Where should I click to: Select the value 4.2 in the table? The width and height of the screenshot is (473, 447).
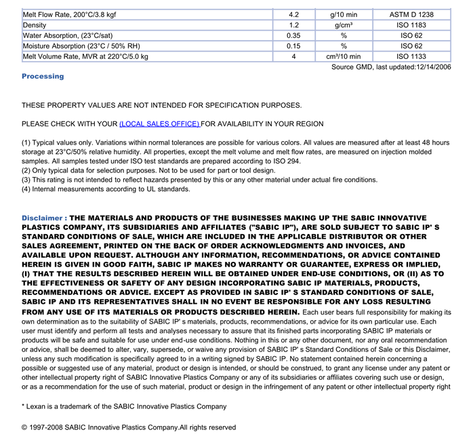293,14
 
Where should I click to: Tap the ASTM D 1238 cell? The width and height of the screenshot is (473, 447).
411,14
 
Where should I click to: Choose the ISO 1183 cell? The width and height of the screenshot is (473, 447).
411,25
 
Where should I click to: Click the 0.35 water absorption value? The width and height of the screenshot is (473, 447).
293,35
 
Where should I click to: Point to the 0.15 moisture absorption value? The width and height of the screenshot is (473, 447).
293,46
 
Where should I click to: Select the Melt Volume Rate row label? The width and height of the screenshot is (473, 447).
85,56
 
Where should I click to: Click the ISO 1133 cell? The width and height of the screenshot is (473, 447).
411,56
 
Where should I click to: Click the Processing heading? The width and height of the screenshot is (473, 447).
43,77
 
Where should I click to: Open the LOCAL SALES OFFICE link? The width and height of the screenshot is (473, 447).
159,124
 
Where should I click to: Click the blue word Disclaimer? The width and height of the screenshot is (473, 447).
42,218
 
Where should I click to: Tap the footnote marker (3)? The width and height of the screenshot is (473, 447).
26,180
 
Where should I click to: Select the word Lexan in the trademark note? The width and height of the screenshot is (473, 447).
37,406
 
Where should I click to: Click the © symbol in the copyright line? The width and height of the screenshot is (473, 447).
24,427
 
